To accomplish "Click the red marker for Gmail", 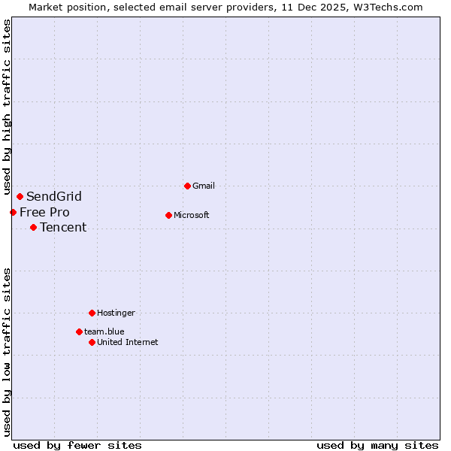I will point(187,186).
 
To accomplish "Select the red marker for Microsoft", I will point(168,215).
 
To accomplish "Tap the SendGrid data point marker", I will point(20,197).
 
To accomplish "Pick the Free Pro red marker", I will point(13,212).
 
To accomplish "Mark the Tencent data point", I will point(33,227).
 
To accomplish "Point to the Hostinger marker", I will point(92,313).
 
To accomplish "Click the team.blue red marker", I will point(79,331).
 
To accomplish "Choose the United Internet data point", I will point(92,342).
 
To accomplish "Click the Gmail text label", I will point(204,186).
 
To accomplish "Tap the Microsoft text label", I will point(192,215).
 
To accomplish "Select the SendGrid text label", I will point(54,197).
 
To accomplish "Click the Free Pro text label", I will point(44,212).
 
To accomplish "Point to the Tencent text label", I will point(63,227).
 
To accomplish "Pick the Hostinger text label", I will point(116,313).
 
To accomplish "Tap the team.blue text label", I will point(104,331).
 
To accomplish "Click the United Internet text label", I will point(128,342).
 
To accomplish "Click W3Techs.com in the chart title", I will point(388,7).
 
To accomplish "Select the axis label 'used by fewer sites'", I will point(77,445).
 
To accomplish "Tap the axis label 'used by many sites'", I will point(377,445).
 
